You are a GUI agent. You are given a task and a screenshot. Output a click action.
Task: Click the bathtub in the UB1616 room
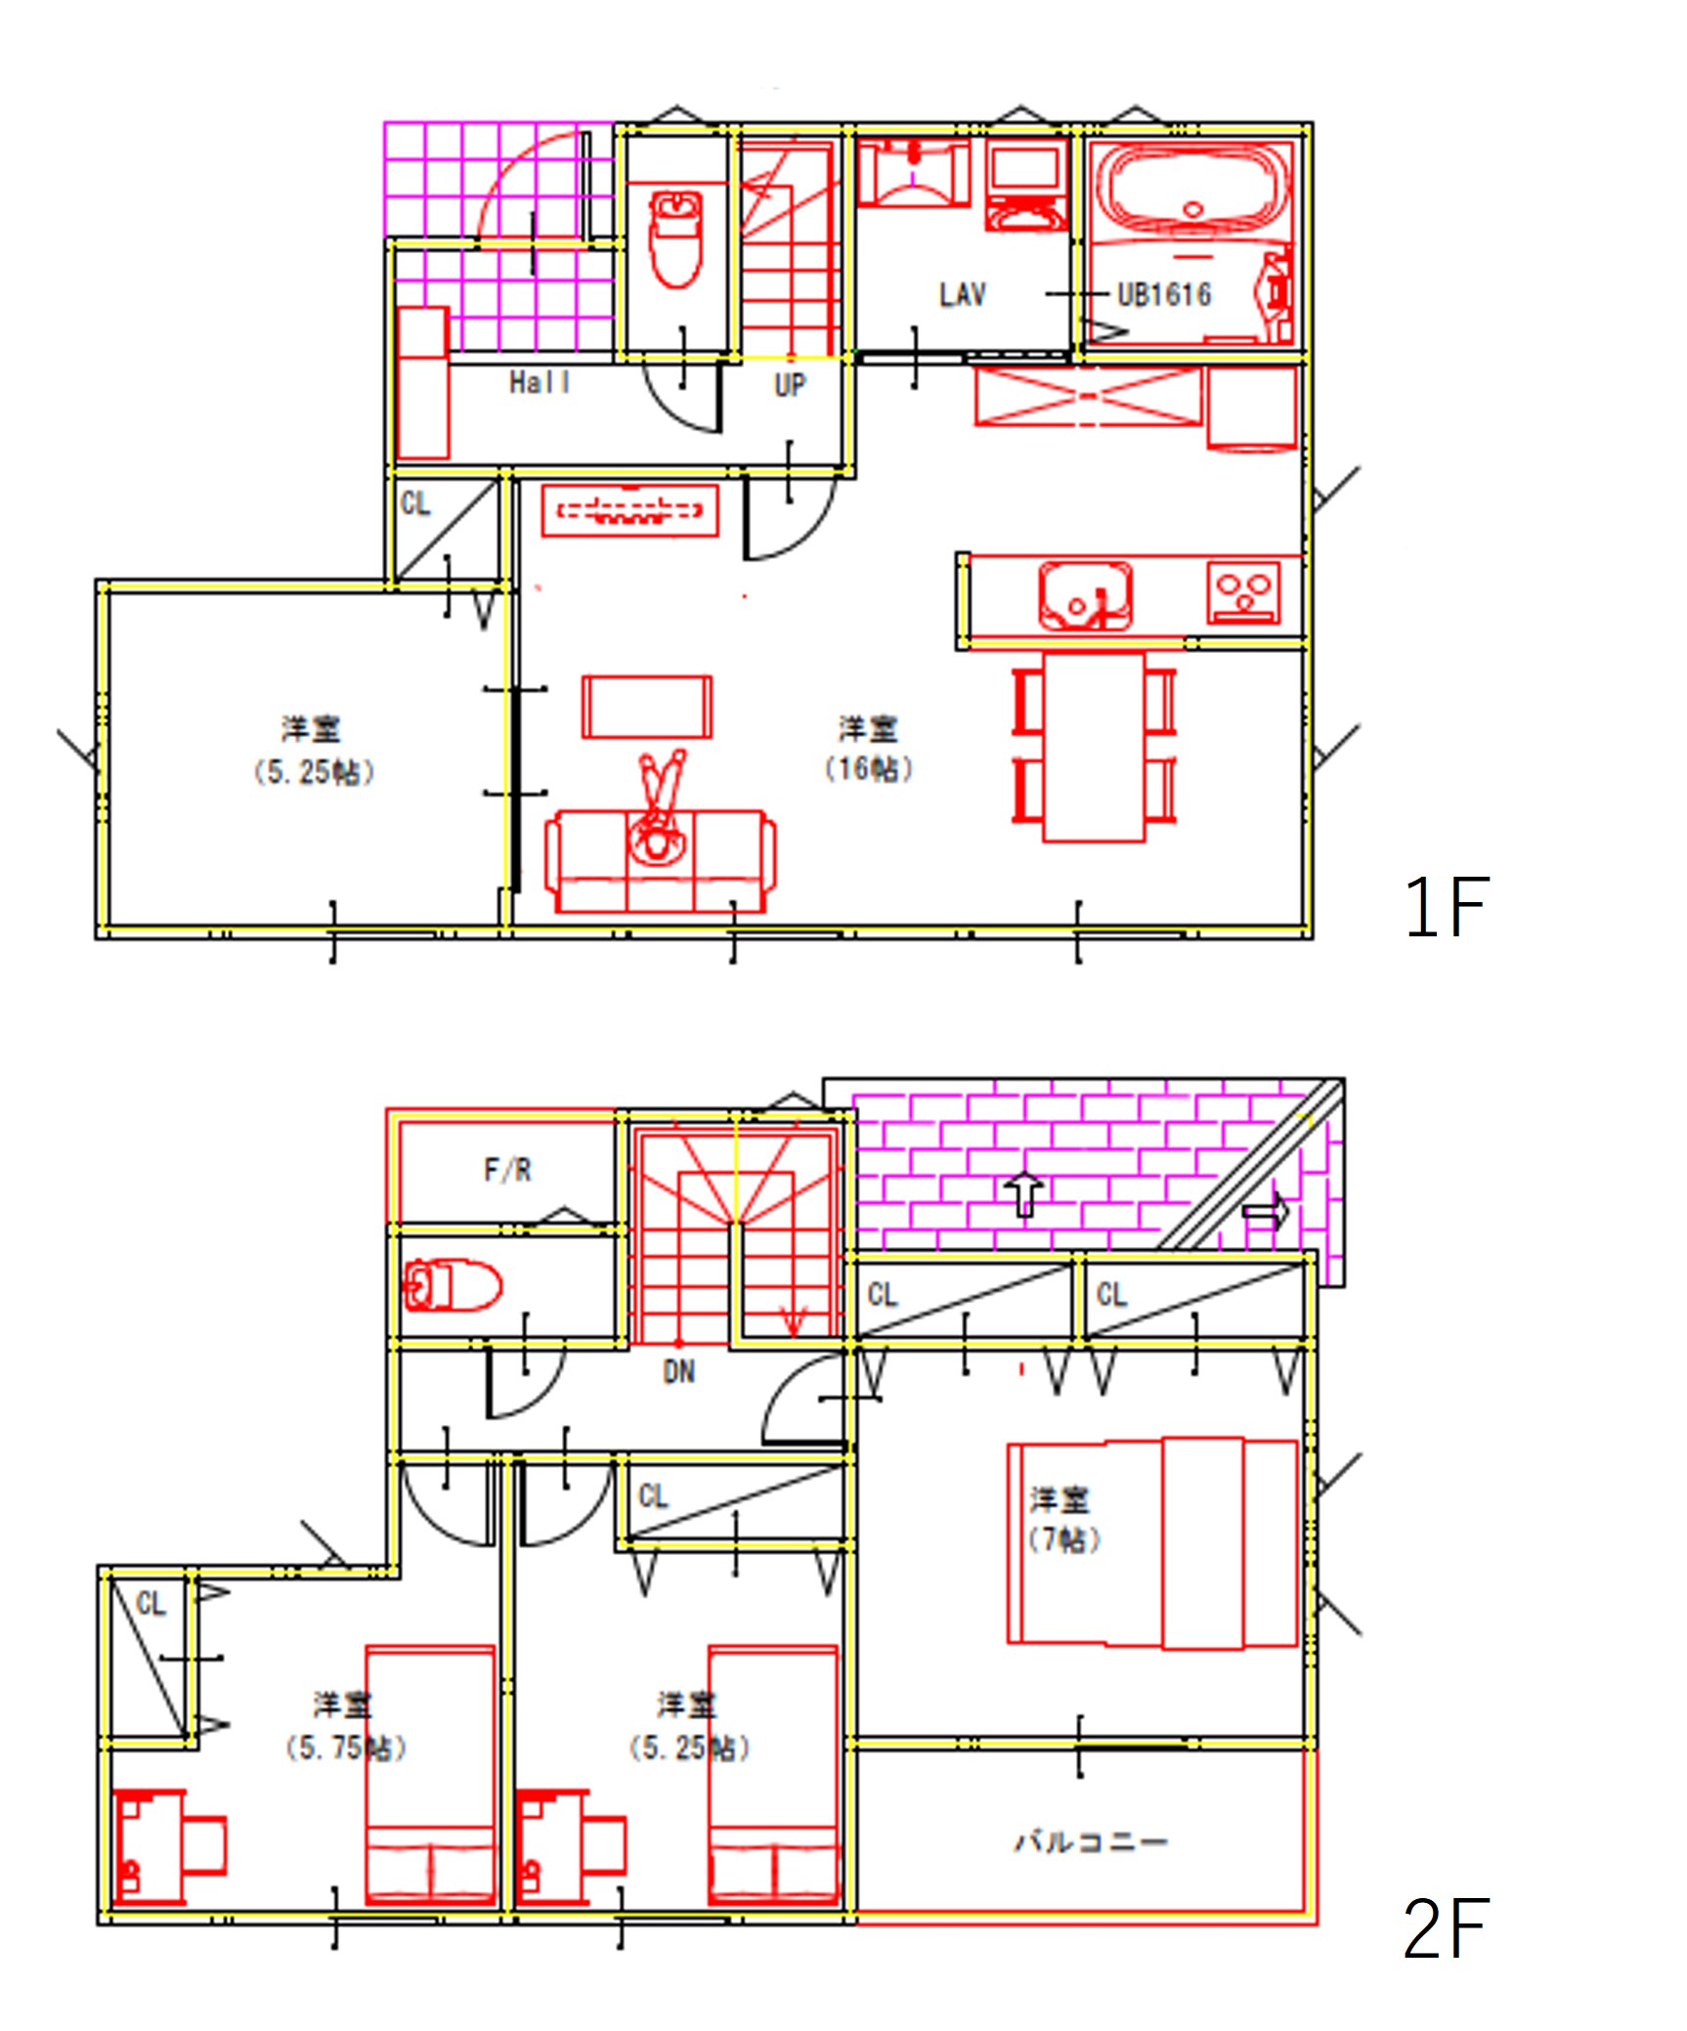pyautogui.click(x=1190, y=188)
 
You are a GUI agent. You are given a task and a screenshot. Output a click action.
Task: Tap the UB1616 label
pyautogui.click(x=1163, y=295)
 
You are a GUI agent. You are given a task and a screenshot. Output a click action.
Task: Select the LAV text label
pyautogui.click(x=962, y=295)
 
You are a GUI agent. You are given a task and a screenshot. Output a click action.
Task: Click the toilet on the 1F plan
pyautogui.click(x=676, y=239)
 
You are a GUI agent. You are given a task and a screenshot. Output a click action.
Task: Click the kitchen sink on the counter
pyautogui.click(x=1085, y=593)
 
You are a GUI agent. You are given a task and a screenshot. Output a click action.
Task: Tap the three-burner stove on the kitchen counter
pyautogui.click(x=1243, y=591)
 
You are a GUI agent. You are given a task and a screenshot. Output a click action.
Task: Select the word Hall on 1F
pyautogui.click(x=540, y=383)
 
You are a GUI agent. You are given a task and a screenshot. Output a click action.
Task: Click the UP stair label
pyautogui.click(x=790, y=386)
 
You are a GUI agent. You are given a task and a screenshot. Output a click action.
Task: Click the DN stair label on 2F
pyautogui.click(x=679, y=1372)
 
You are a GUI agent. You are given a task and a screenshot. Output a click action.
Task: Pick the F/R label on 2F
pyautogui.click(x=507, y=1170)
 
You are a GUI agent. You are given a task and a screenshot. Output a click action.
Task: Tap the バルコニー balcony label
pyautogui.click(x=1090, y=1842)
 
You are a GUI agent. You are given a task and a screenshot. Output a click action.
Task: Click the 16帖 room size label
pyautogui.click(x=869, y=769)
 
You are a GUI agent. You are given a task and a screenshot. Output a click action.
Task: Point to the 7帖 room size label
pyautogui.click(x=1063, y=1540)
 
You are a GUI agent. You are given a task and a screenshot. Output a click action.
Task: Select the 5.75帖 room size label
pyautogui.click(x=345, y=1748)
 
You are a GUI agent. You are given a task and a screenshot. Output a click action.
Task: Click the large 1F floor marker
pyautogui.click(x=1446, y=907)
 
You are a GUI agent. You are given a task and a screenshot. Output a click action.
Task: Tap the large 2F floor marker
pyautogui.click(x=1446, y=1928)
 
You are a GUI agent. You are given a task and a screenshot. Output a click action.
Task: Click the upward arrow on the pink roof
pyautogui.click(x=1023, y=1194)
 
